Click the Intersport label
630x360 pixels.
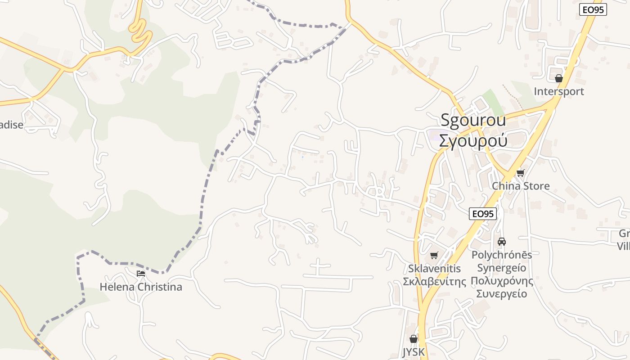click(558, 91)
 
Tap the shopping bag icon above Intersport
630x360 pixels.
click(559, 78)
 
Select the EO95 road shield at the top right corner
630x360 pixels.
click(593, 9)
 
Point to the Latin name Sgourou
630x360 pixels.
click(473, 120)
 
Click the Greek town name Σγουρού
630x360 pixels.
click(473, 140)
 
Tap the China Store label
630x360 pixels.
click(521, 186)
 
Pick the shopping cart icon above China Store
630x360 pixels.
click(521, 173)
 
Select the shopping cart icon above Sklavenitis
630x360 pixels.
click(434, 256)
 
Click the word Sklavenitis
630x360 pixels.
click(434, 269)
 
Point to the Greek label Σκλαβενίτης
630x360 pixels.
click(434, 282)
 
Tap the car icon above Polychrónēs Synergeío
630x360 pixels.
click(502, 242)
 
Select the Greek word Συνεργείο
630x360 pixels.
click(502, 294)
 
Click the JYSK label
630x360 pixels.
click(414, 351)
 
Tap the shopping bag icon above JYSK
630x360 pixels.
click(414, 339)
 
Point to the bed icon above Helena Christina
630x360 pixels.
click(141, 274)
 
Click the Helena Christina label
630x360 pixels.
click(141, 287)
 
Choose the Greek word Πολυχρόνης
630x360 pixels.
click(502, 281)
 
